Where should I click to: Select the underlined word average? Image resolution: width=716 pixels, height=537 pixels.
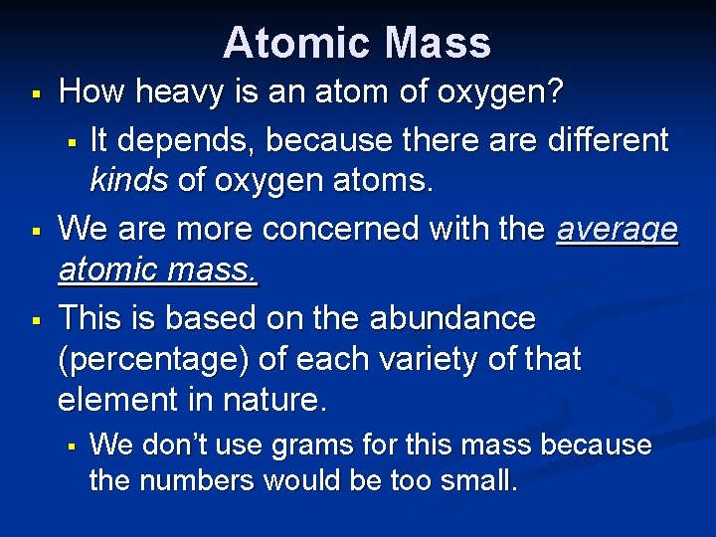coord(618,231)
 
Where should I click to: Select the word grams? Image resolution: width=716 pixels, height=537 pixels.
coord(280,446)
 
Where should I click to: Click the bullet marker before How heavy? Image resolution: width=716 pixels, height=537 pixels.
coord(35,95)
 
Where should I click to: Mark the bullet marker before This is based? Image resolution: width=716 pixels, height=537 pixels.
coord(35,319)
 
